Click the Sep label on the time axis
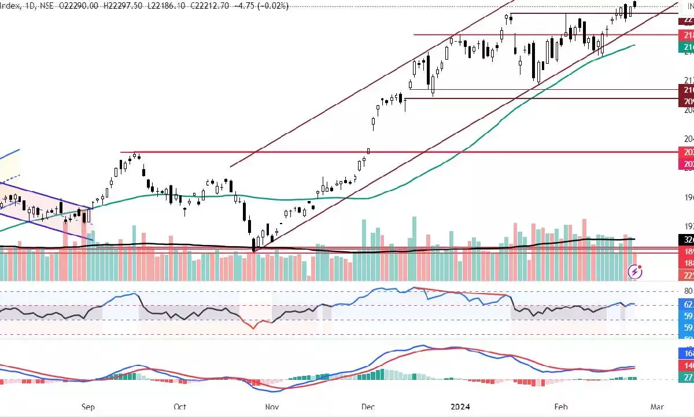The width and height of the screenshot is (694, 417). [x=88, y=407]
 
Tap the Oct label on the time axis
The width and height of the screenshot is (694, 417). [x=179, y=407]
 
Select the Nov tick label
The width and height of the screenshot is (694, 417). [x=272, y=407]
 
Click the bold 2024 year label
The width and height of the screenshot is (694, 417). [x=460, y=407]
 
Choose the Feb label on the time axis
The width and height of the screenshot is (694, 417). [x=561, y=407]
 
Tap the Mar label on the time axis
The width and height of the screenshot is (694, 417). [x=657, y=407]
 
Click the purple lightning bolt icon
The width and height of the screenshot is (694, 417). [x=635, y=271]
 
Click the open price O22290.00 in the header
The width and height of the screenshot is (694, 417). [x=83, y=5]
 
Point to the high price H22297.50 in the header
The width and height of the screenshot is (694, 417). [x=124, y=5]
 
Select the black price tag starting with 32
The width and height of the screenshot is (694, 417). [x=686, y=239]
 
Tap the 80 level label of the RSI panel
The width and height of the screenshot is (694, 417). [x=688, y=291]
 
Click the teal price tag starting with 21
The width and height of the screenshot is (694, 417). [x=686, y=46]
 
